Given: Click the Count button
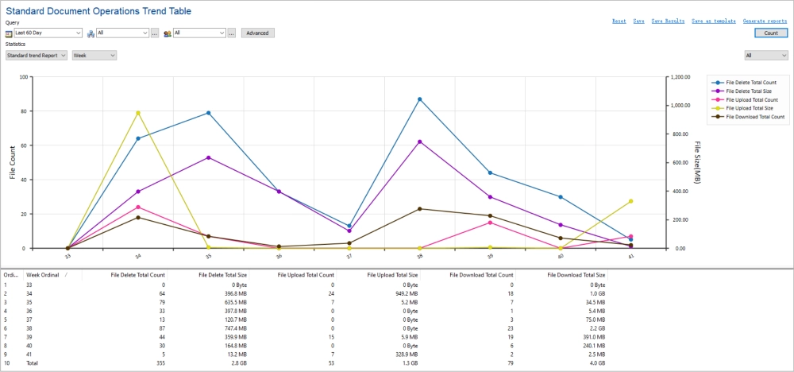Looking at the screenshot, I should pyautogui.click(x=770, y=33).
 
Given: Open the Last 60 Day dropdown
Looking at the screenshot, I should pyautogui.click(x=48, y=33).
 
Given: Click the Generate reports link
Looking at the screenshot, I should pyautogui.click(x=765, y=21).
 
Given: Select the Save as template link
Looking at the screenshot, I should pyautogui.click(x=714, y=21).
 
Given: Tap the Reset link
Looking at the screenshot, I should pyautogui.click(x=619, y=21).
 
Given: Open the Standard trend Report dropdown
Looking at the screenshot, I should pyautogui.click(x=37, y=55).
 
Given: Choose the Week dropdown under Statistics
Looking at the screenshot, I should pyautogui.click(x=94, y=55).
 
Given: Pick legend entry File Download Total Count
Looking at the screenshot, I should pyautogui.click(x=755, y=117).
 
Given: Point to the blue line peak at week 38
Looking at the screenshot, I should pyautogui.click(x=419, y=99).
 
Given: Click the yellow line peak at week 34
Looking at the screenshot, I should pyautogui.click(x=138, y=113).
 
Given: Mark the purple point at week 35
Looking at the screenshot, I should pyautogui.click(x=209, y=157).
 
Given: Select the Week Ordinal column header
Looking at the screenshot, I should pyautogui.click(x=44, y=274).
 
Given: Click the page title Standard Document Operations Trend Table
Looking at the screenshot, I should pyautogui.click(x=98, y=11).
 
